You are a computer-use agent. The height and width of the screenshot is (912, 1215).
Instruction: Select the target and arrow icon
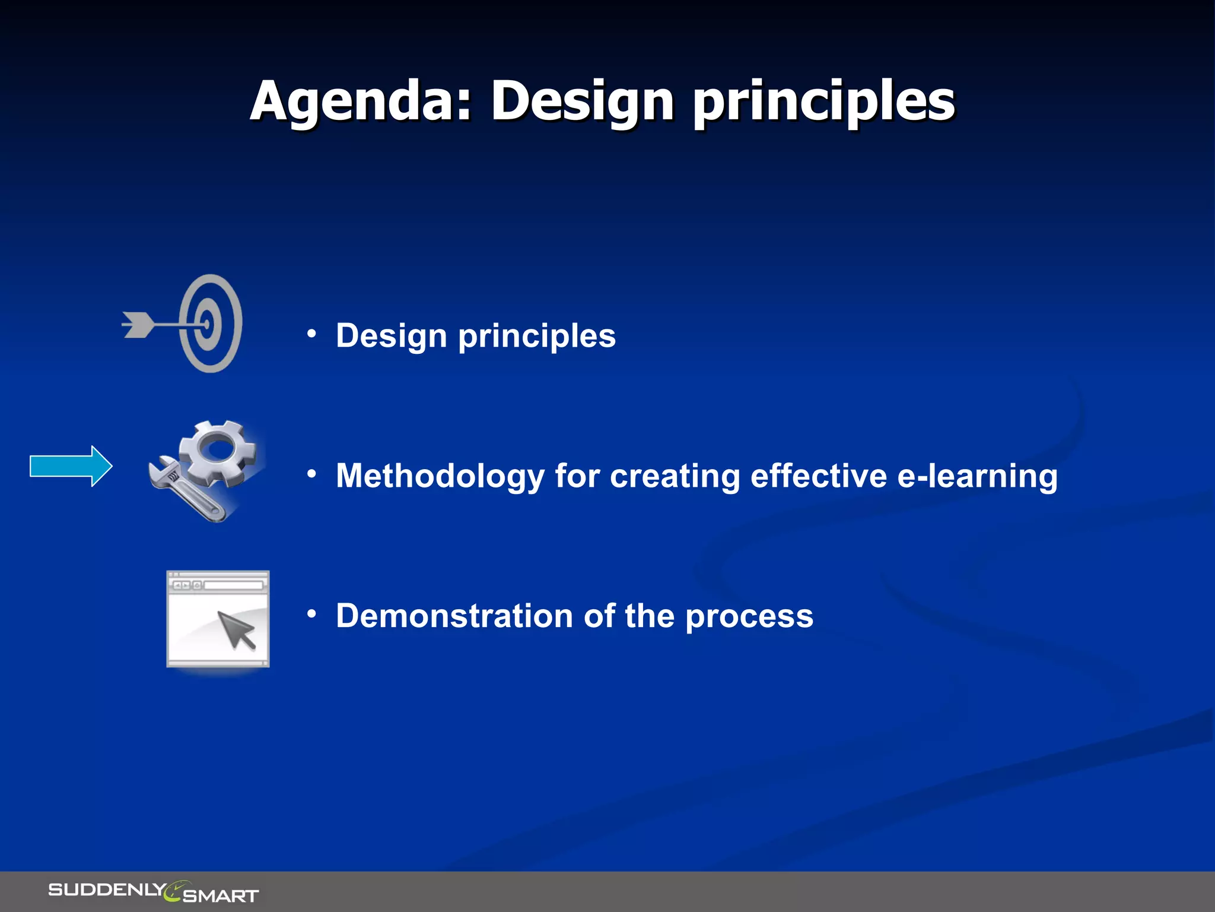pos(202,324)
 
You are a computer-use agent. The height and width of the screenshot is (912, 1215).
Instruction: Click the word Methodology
pos(440,476)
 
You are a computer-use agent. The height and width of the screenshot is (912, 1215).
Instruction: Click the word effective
pos(818,476)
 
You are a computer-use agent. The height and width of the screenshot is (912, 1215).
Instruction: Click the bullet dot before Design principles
pos(311,334)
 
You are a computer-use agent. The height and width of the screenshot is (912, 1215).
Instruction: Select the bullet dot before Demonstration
pos(311,614)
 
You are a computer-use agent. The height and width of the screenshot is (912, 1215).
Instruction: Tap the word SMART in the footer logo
pos(221,895)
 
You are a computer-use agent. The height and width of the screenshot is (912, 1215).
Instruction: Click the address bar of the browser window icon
pos(233,585)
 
